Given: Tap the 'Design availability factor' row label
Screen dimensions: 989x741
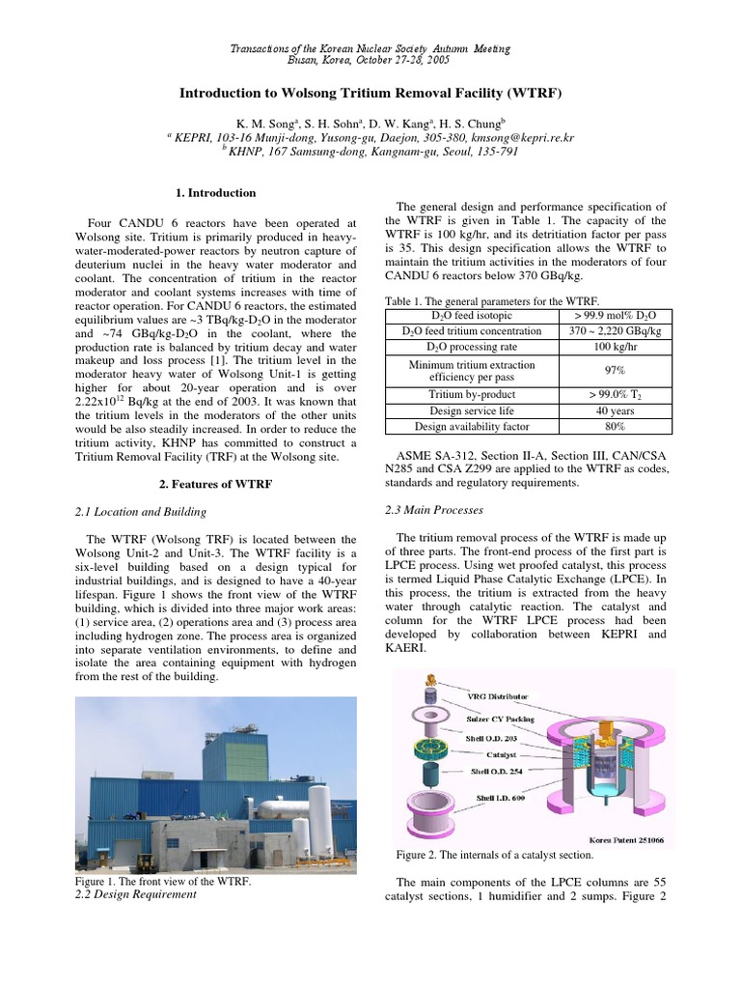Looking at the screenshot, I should pyautogui.click(x=472, y=425).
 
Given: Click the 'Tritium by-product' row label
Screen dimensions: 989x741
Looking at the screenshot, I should pyautogui.click(x=472, y=394).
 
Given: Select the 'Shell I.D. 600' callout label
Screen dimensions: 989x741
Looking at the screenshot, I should pyautogui.click(x=501, y=798).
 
